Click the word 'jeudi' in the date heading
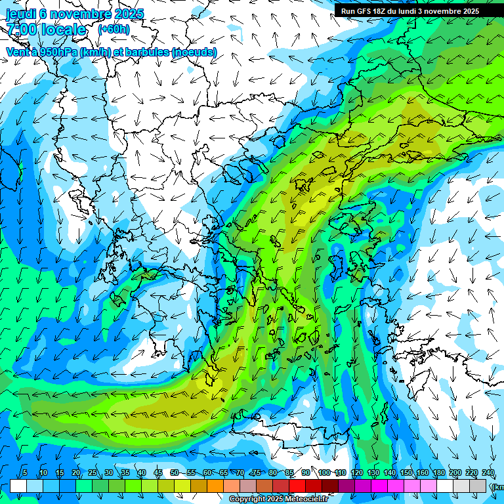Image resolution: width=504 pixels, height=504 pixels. pyautogui.click(x=22, y=14)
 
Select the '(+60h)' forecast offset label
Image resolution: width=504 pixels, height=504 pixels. pyautogui.click(x=114, y=30)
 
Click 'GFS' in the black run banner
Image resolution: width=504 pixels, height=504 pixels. pyautogui.click(x=363, y=11)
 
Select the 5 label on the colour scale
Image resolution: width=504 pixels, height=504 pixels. pyautogui.click(x=24, y=473)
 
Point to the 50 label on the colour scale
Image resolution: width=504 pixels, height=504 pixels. pyautogui.click(x=174, y=473)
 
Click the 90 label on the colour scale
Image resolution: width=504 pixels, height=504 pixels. pyautogui.click(x=306, y=473)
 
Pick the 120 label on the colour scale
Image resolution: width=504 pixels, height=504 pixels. pyautogui.click(x=356, y=473)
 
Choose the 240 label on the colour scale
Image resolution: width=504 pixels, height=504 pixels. pyautogui.click(x=488, y=473)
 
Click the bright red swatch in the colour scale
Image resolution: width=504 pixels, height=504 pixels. pyautogui.click(x=297, y=486)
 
